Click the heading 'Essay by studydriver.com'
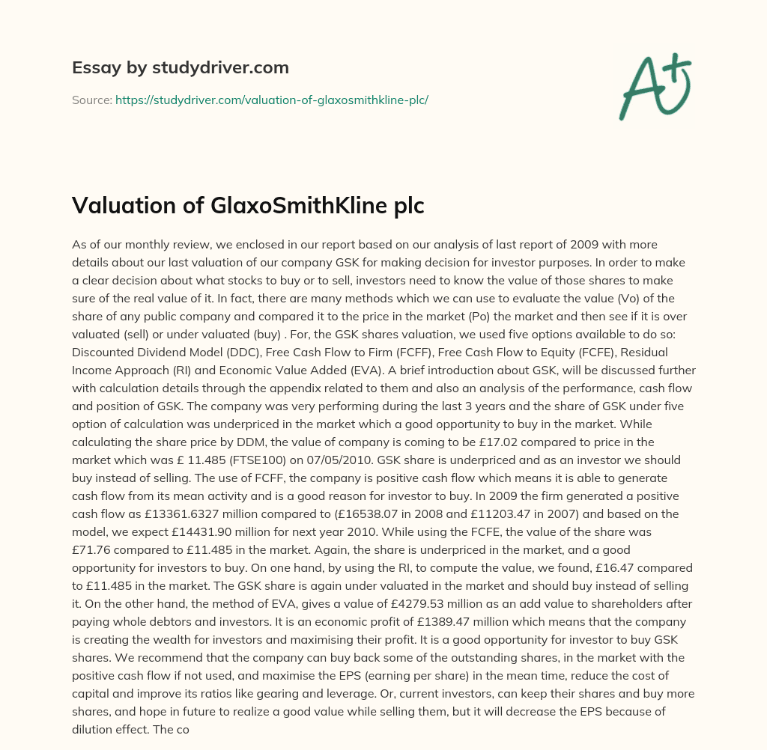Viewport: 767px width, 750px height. (x=180, y=68)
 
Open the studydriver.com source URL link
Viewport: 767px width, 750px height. (x=271, y=100)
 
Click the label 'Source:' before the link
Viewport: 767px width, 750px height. (x=91, y=100)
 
